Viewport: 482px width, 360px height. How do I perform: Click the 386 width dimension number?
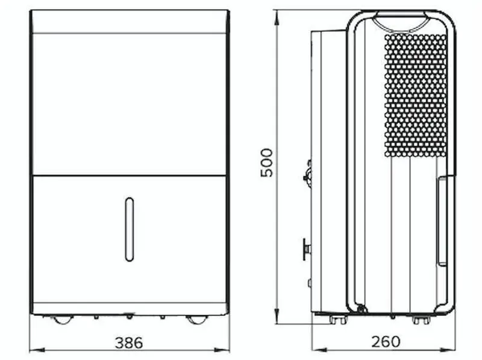[129, 343]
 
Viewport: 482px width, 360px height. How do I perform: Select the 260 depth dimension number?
[386, 342]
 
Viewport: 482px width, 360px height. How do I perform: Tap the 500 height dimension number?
[266, 162]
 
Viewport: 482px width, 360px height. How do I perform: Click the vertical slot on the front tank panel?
[130, 229]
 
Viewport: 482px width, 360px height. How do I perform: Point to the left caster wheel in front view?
[63, 319]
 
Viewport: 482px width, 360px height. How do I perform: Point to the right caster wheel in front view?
[196, 319]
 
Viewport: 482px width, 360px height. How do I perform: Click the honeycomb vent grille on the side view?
[416, 95]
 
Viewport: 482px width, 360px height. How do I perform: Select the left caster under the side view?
[337, 320]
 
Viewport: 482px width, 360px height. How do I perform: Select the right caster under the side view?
[421, 320]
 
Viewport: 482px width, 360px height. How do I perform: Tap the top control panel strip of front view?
[130, 22]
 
